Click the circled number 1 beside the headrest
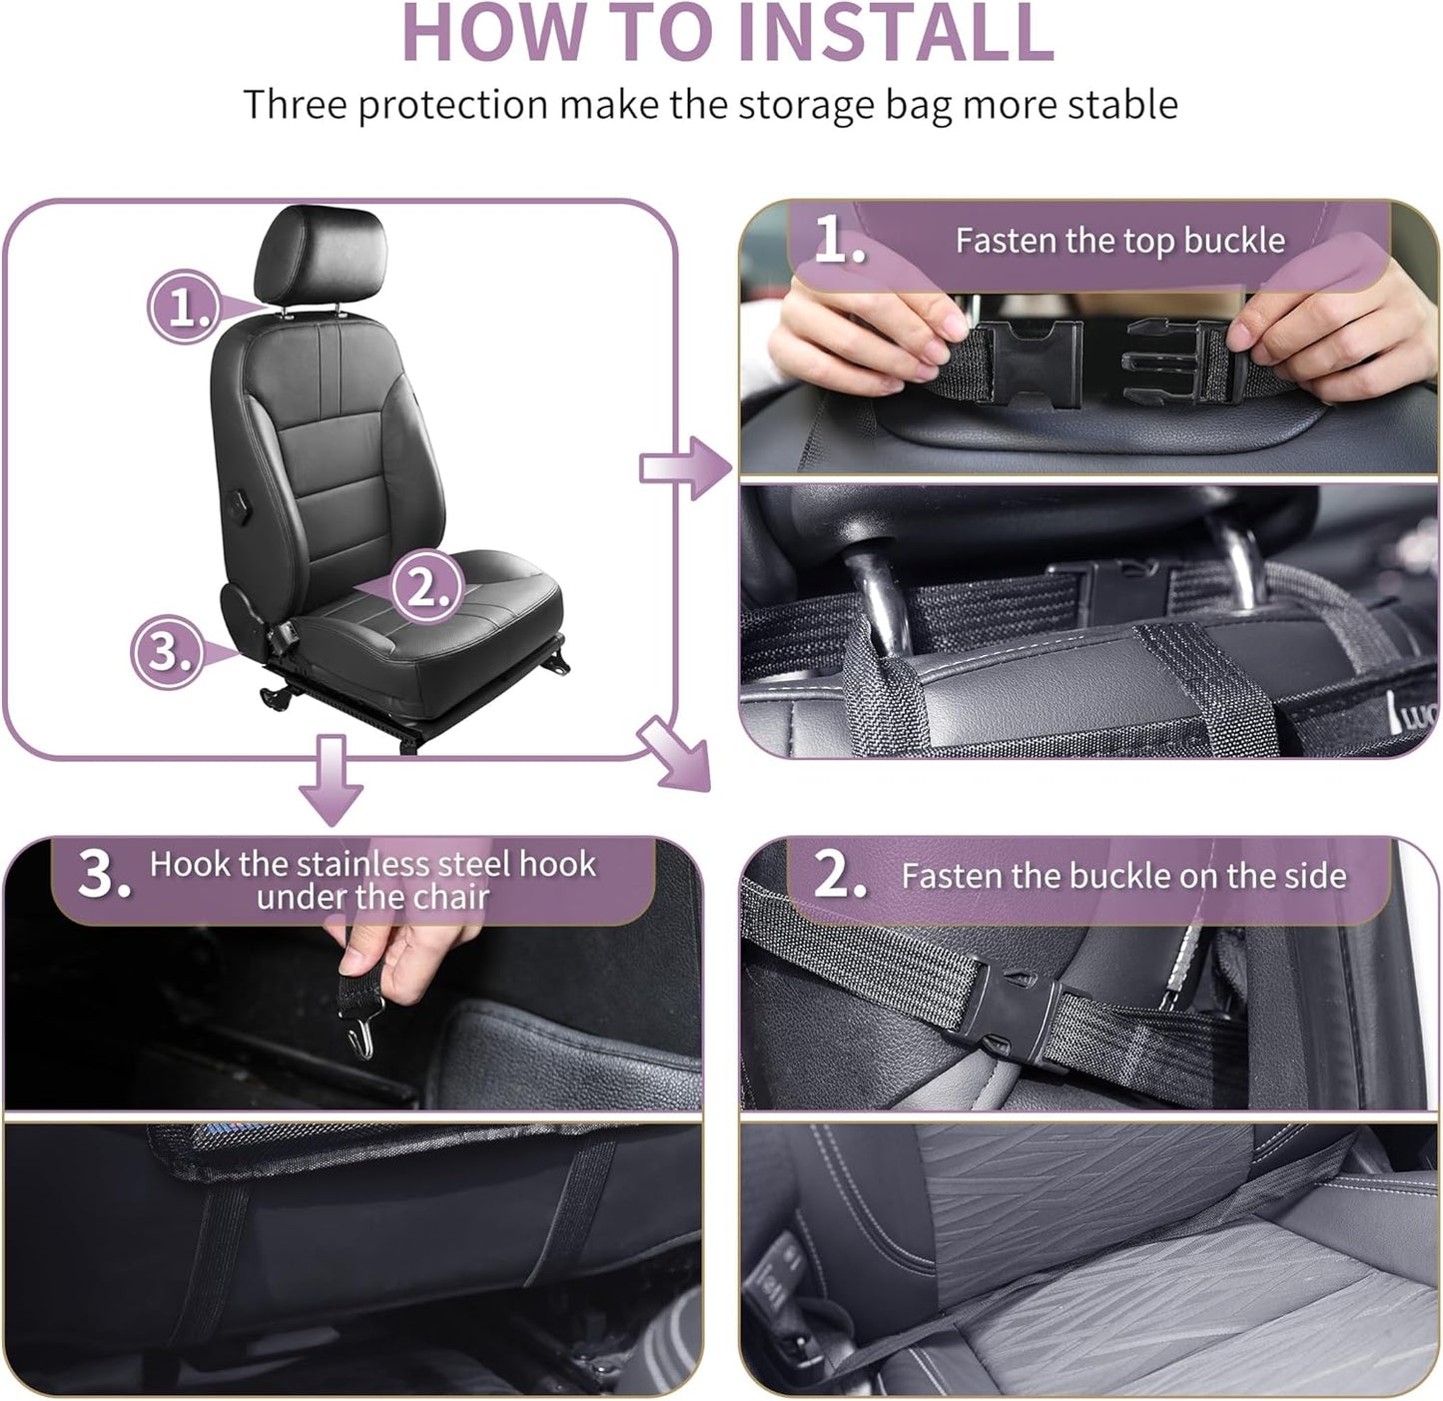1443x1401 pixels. [183, 308]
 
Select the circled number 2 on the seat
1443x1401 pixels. [426, 587]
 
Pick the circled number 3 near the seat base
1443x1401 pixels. [167, 652]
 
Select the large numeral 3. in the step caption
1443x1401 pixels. [104, 877]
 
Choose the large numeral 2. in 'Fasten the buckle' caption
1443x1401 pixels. [839, 875]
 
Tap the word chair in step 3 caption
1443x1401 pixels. [452, 898]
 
